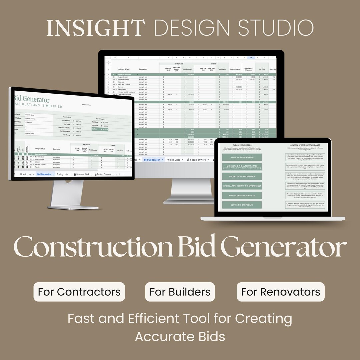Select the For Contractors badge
(x=79, y=292)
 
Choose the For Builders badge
(x=180, y=292)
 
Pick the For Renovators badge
(x=281, y=292)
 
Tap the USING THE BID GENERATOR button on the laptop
(x=242, y=157)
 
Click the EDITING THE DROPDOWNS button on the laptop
(x=242, y=205)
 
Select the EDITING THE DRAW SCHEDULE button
(x=242, y=195)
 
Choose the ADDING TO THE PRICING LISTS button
(x=242, y=176)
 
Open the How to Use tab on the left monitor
(x=26, y=174)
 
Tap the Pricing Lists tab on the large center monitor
(x=173, y=160)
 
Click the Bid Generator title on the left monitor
(x=32, y=100)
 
